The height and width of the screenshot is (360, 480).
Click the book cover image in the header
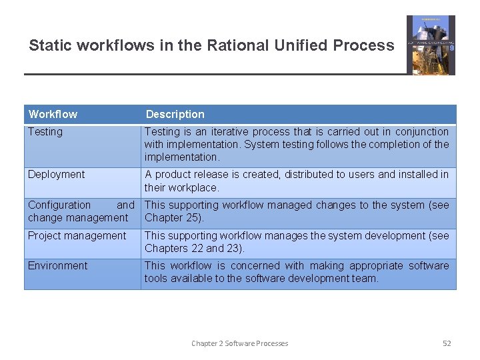click(x=431, y=45)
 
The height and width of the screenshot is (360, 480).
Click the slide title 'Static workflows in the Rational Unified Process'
click(x=211, y=46)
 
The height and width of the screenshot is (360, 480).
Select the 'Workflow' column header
click(x=53, y=114)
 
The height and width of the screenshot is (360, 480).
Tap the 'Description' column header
click(x=175, y=114)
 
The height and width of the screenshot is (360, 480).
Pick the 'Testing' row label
click(x=45, y=132)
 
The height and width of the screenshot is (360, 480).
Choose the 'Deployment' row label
click(x=57, y=175)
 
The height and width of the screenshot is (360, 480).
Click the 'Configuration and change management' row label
click(x=81, y=211)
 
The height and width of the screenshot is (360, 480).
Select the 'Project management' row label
click(x=77, y=235)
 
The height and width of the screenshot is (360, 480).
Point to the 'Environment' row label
click(x=57, y=265)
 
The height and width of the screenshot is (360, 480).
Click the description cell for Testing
click(x=297, y=145)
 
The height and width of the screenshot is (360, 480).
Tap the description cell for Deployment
click(x=297, y=181)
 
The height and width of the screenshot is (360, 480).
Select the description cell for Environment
click(x=297, y=272)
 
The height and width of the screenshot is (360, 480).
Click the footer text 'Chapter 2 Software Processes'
click(x=239, y=343)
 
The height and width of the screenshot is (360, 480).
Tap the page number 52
click(x=447, y=343)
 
